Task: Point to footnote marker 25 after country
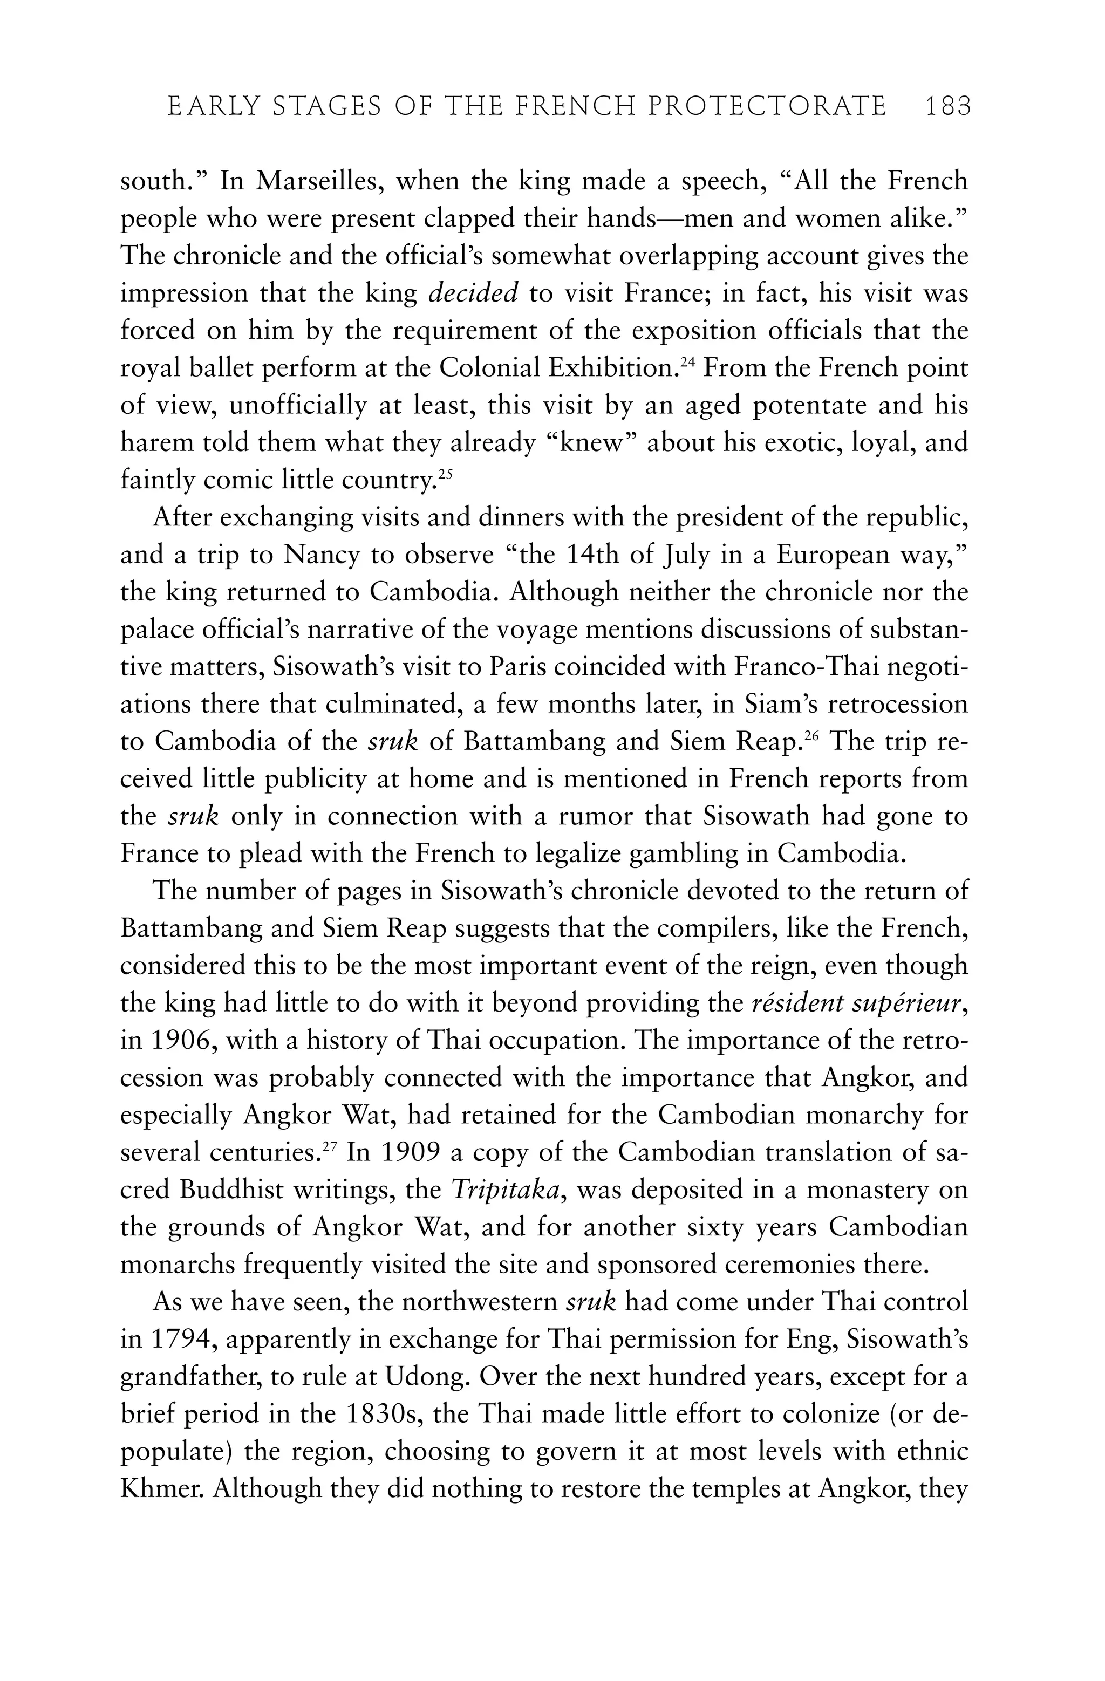(445, 475)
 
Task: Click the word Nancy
(319, 555)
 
